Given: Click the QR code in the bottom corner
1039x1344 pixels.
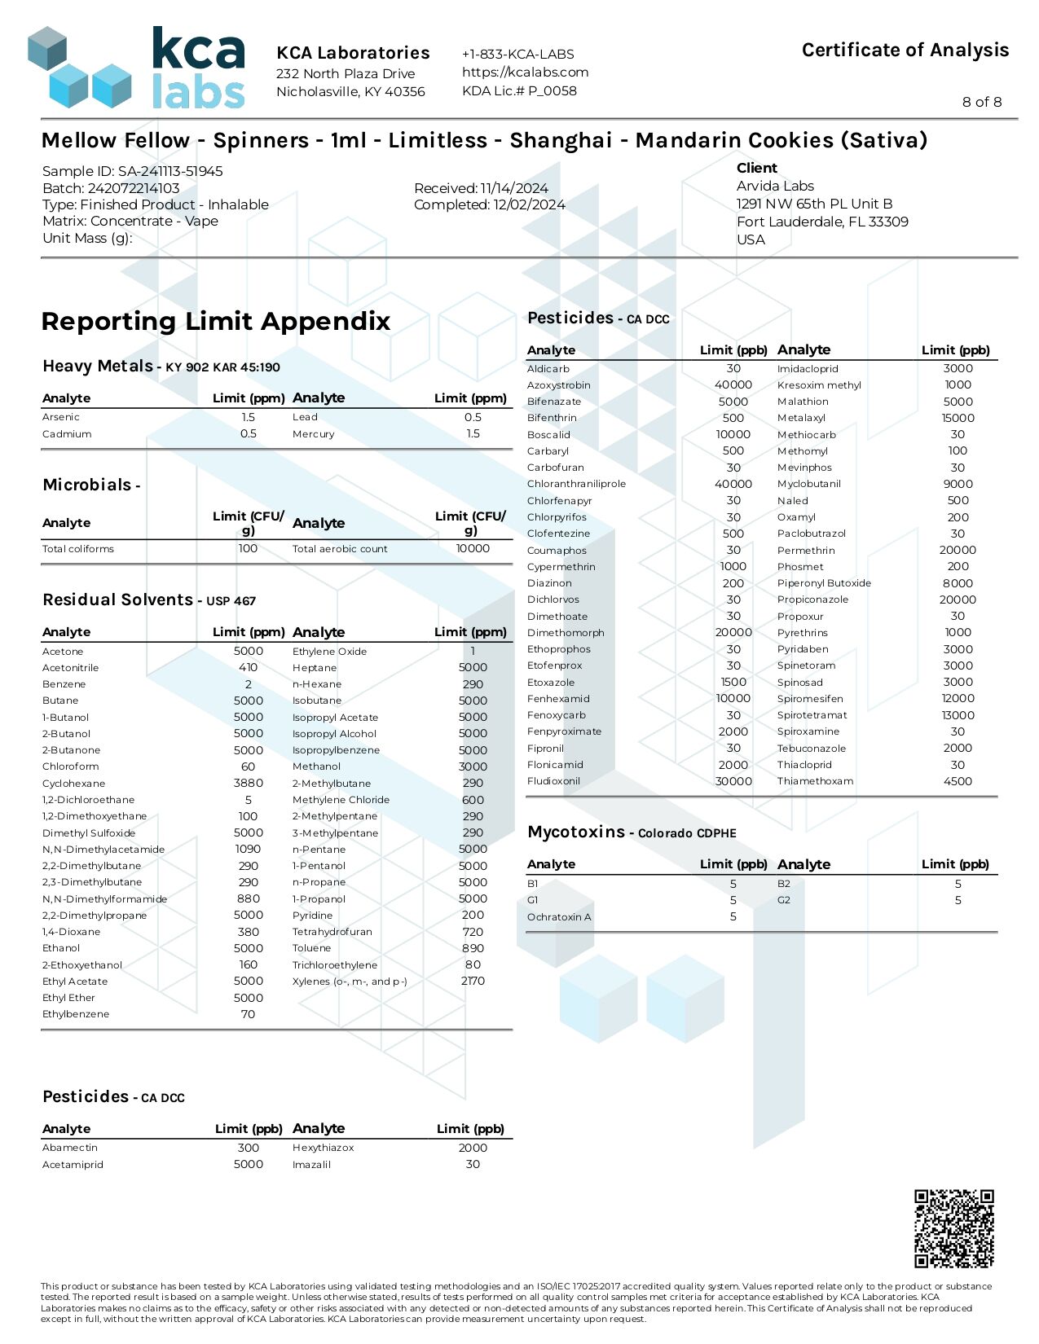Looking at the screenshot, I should (x=953, y=1228).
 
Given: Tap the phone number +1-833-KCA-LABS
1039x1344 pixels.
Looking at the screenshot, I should (x=517, y=55).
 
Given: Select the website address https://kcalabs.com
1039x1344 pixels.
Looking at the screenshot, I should (x=525, y=72).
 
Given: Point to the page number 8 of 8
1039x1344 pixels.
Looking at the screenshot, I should (x=981, y=102).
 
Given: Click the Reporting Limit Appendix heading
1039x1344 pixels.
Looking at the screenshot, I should (x=216, y=321).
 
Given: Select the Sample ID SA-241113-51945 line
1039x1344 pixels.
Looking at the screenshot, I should (x=132, y=171).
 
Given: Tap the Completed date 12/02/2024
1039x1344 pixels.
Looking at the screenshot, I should (x=489, y=204).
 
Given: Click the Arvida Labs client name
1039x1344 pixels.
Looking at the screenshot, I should (x=774, y=186).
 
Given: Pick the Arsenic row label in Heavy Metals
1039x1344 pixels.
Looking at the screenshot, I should (x=61, y=417).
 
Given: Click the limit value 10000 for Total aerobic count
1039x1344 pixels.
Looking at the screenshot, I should (x=473, y=549).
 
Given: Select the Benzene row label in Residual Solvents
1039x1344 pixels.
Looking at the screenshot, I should (x=64, y=684).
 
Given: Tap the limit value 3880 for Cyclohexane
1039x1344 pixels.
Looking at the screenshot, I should (x=248, y=783).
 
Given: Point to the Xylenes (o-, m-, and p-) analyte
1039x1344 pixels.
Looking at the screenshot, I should (x=350, y=982).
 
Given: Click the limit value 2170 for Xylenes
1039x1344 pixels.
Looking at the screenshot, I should (x=473, y=982).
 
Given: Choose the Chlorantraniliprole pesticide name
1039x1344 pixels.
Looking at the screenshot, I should (x=576, y=484).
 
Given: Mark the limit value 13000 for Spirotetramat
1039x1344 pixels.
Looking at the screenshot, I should (x=958, y=715).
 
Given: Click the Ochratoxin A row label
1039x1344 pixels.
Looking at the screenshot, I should (x=559, y=917).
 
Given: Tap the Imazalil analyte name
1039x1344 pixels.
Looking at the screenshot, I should (x=311, y=1165).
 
